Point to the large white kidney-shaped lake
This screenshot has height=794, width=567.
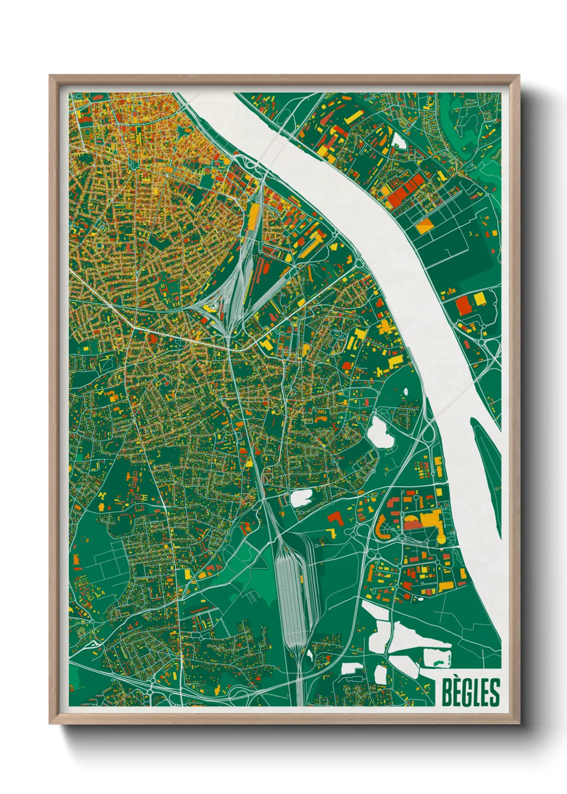click(380, 431)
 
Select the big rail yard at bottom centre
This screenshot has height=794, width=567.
click(294, 590)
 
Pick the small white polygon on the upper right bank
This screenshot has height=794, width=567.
click(399, 141)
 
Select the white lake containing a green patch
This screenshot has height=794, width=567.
click(437, 657)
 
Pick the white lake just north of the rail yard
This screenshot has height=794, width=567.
click(301, 498)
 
